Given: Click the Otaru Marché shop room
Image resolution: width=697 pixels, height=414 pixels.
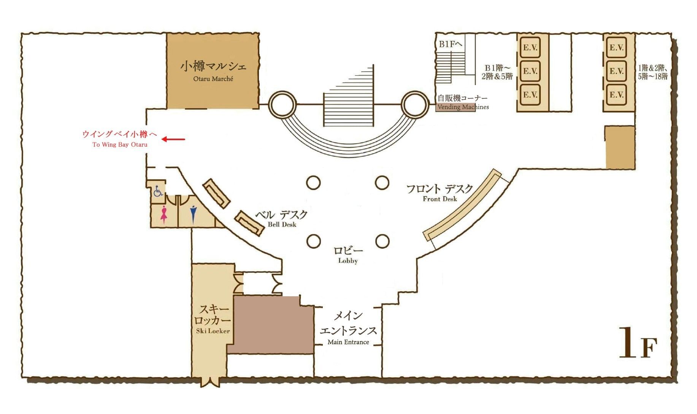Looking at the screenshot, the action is pyautogui.click(x=213, y=71).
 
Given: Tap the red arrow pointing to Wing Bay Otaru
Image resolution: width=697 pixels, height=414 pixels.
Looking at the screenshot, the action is pyautogui.click(x=173, y=139).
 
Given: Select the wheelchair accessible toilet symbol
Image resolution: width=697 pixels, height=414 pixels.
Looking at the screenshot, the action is pyautogui.click(x=158, y=191).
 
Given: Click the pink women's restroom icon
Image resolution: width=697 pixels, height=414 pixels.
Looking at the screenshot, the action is pyautogui.click(x=164, y=214).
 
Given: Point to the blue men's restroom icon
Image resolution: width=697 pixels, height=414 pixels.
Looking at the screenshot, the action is pyautogui.click(x=194, y=214).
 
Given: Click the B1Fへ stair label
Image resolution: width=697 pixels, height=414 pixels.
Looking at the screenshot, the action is pyautogui.click(x=451, y=44).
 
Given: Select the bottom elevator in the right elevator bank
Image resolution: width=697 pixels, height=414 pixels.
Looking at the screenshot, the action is pyautogui.click(x=616, y=95).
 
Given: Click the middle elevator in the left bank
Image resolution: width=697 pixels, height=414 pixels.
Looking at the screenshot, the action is pyautogui.click(x=530, y=71).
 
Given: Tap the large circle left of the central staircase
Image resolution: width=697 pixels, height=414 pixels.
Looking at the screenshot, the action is pyautogui.click(x=282, y=104).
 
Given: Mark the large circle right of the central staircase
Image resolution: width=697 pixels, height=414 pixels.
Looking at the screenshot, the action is pyautogui.click(x=415, y=104).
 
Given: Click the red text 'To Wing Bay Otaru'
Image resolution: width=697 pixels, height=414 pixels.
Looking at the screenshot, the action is pyautogui.click(x=120, y=145).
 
